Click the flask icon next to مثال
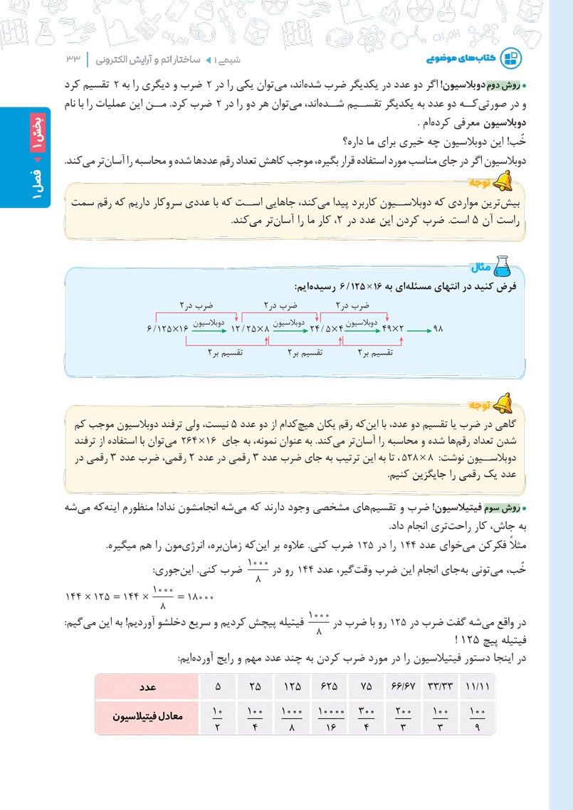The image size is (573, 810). pyautogui.click(x=502, y=265)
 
